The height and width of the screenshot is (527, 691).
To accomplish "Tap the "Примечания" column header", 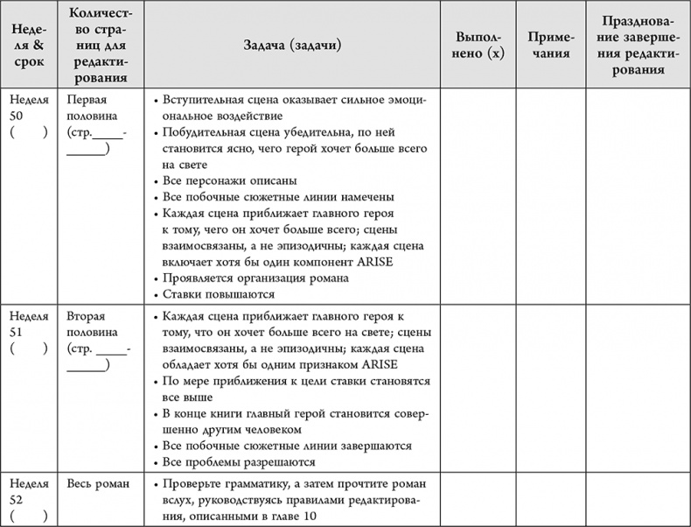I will (x=550, y=46).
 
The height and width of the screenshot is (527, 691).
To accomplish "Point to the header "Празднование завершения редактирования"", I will (x=637, y=46).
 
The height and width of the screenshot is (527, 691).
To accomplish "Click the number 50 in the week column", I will (x=17, y=116).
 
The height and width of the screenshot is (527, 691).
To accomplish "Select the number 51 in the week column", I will (x=17, y=333).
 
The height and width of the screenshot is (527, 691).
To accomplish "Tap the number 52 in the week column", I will (x=17, y=499).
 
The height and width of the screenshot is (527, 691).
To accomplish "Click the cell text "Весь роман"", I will (x=97, y=483).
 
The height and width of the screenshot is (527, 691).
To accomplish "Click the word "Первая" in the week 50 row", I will (x=87, y=100).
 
